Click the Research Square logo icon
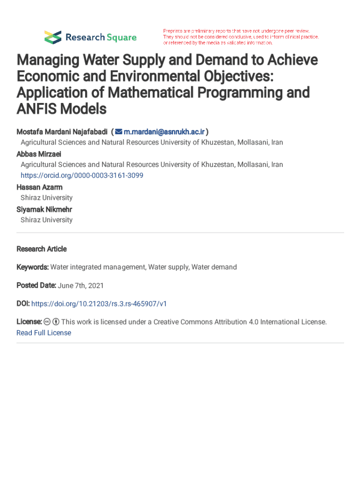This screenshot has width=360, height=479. [x=52, y=37]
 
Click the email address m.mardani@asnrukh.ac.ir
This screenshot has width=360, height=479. [x=164, y=131]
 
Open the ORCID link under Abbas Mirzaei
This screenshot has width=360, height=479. [x=82, y=175]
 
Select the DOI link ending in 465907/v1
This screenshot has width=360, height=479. [x=99, y=304]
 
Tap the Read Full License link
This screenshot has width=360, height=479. [x=44, y=333]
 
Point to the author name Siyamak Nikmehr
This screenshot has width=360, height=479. [x=44, y=209]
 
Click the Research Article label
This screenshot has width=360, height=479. [x=42, y=249]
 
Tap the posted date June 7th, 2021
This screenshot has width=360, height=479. [x=80, y=285]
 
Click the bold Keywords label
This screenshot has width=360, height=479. [x=32, y=267]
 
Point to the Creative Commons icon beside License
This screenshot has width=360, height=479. [x=47, y=322]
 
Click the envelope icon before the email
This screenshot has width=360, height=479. [x=119, y=131]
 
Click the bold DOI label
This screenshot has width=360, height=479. [x=23, y=304]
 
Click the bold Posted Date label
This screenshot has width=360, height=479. [x=36, y=285]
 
